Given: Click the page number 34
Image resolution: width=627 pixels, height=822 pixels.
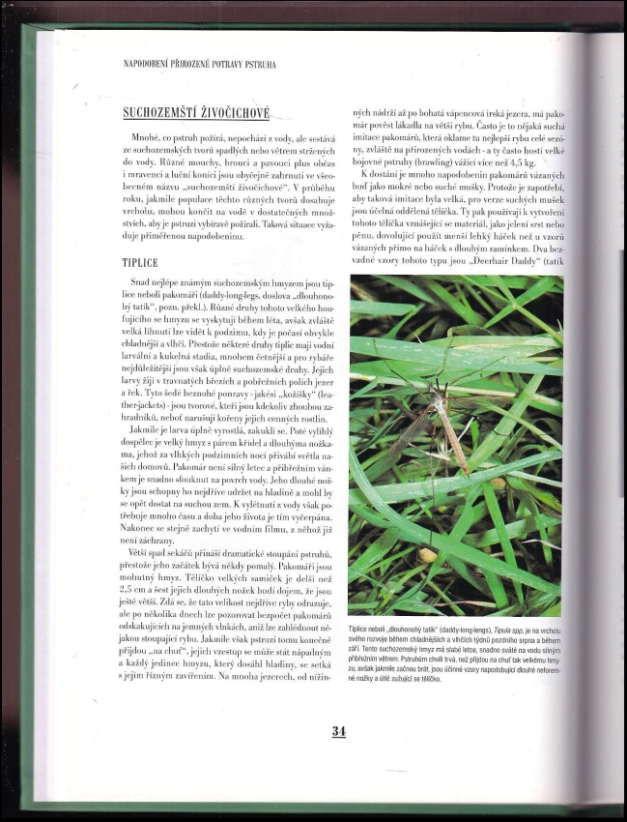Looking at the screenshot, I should click(x=338, y=731).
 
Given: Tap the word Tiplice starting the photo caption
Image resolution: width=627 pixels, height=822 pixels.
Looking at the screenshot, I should click(x=362, y=630).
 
